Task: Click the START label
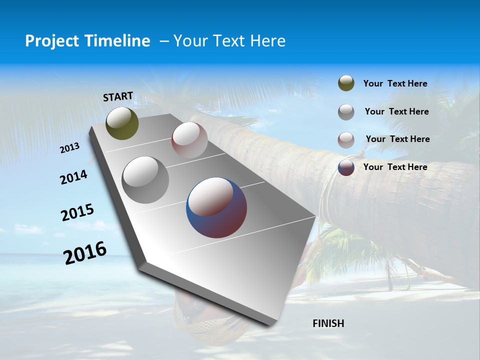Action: pos(118,96)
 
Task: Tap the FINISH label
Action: pos(328,323)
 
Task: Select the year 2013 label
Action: pos(70,148)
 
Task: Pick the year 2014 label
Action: pos(73,177)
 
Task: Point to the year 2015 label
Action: pos(77,212)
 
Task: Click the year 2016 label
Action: pos(85,252)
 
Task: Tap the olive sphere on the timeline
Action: pos(122,123)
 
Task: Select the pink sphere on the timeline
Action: pos(189,140)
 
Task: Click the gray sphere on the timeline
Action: pos(145,179)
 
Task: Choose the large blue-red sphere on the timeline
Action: pos(216,207)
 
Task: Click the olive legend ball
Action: pos(346,83)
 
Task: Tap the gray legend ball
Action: pos(346,112)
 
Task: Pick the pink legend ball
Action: pos(346,140)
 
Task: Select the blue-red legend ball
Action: pos(346,167)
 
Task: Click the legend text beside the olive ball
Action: pos(395,83)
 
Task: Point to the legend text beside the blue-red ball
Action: pos(395,167)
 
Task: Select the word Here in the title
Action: pos(267,41)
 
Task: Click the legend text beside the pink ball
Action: pos(397,139)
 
